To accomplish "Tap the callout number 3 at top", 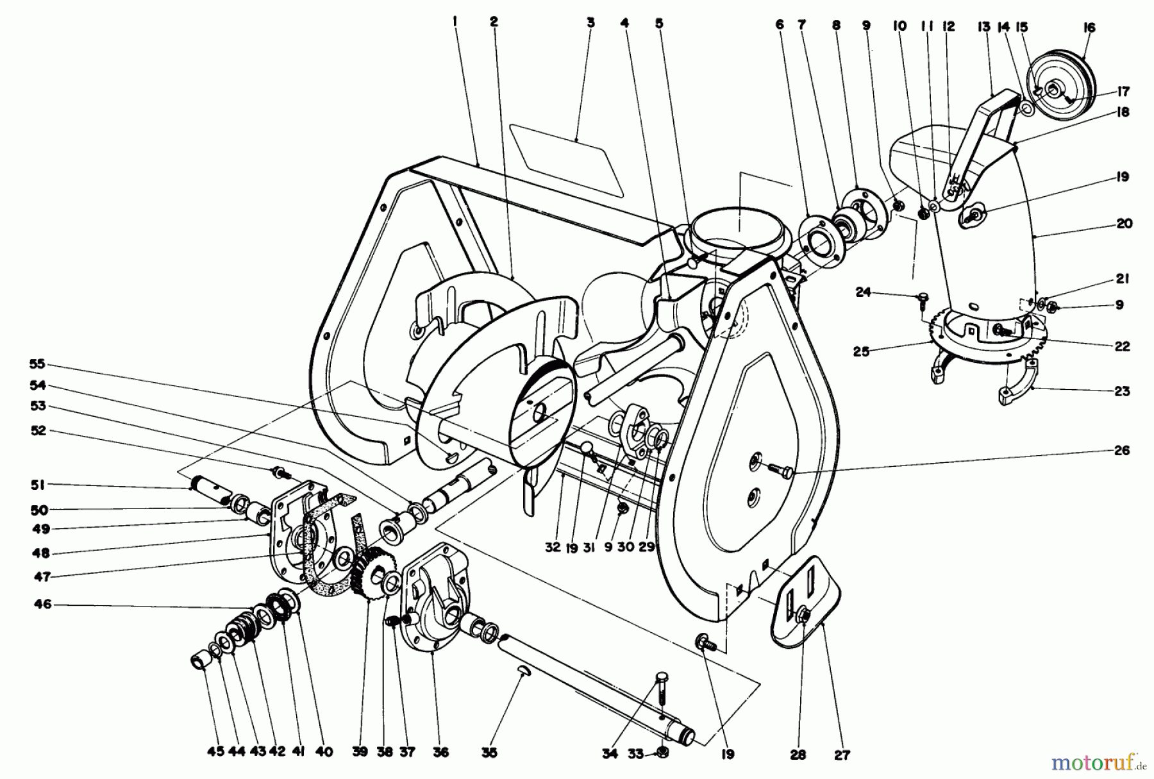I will [x=590, y=22].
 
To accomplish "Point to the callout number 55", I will [x=37, y=364].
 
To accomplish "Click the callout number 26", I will [x=1121, y=451].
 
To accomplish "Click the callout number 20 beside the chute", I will [x=1124, y=224].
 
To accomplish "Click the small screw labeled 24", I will [x=923, y=297].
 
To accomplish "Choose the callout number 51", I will [x=38, y=485].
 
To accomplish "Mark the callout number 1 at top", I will [x=455, y=22].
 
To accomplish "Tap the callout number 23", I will [x=1121, y=391].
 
